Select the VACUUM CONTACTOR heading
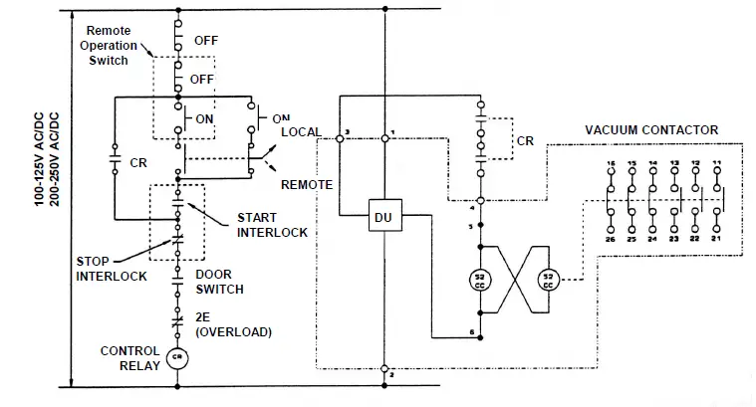[650, 130]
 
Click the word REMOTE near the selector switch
[306, 185]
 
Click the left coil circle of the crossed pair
[481, 280]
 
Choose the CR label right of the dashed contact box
[525, 141]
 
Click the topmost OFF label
[204, 41]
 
